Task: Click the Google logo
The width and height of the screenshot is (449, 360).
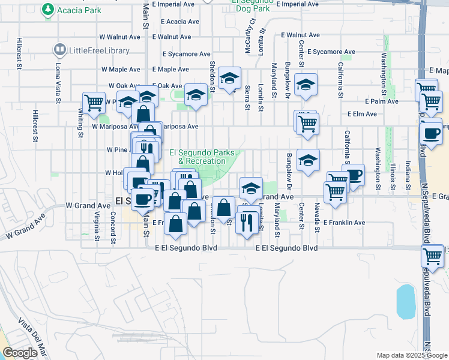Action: [20, 353]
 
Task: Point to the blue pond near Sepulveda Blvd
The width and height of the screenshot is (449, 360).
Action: [405, 301]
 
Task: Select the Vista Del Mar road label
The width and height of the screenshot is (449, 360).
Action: [30, 338]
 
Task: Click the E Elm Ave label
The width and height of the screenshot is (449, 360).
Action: [360, 113]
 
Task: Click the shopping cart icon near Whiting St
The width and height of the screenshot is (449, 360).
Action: [94, 103]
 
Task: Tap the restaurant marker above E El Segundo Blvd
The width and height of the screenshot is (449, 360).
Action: [247, 223]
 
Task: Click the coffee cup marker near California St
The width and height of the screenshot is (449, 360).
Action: [354, 175]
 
